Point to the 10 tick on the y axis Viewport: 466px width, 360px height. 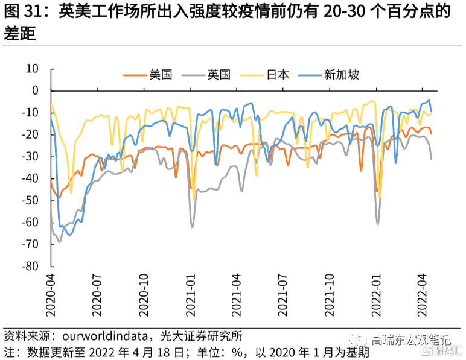point(31,69)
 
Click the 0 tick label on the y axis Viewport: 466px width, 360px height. point(35,90)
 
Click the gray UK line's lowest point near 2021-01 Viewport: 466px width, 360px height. point(193,227)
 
